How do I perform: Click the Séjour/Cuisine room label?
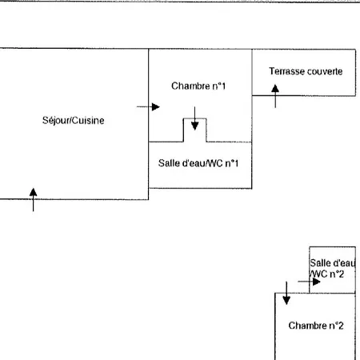[74, 121]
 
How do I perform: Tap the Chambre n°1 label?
[198, 86]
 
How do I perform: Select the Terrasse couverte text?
[306, 71]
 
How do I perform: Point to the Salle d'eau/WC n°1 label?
[198, 163]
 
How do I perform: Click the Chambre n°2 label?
[316, 326]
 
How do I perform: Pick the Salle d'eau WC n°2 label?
[332, 268]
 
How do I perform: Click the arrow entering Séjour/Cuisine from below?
[33, 200]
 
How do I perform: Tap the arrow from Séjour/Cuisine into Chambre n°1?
[148, 106]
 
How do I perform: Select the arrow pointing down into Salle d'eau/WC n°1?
[194, 118]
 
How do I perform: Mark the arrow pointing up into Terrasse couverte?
[275, 96]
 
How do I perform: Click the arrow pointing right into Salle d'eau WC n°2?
[309, 282]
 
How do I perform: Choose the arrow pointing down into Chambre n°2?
[286, 293]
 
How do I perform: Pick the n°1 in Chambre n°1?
[219, 86]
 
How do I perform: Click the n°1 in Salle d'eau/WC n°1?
[231, 163]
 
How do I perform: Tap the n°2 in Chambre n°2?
[336, 326]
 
